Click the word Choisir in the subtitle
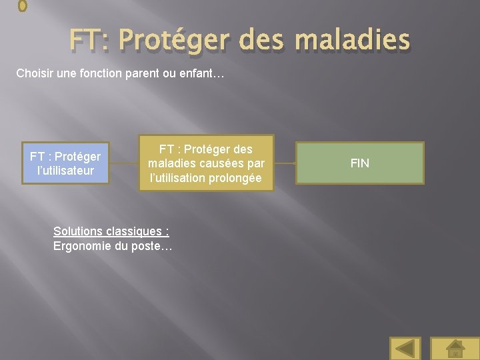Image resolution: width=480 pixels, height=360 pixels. pos(33,72)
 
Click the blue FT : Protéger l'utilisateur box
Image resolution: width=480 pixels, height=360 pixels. pos(65,163)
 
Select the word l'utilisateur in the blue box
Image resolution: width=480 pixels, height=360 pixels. pos(65,171)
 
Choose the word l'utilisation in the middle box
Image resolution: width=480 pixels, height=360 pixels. pos(178,177)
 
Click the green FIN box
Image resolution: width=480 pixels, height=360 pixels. pos(360,163)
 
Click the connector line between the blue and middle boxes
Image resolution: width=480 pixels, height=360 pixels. pos(124,163)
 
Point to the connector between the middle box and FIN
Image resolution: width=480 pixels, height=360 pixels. pos(285,163)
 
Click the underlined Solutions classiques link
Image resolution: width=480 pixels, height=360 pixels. pos(111,231)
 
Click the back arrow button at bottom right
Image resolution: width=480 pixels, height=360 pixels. pos(405,348)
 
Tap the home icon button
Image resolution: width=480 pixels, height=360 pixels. pos(455,348)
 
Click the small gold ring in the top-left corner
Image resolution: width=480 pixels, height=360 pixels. pos(22,6)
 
